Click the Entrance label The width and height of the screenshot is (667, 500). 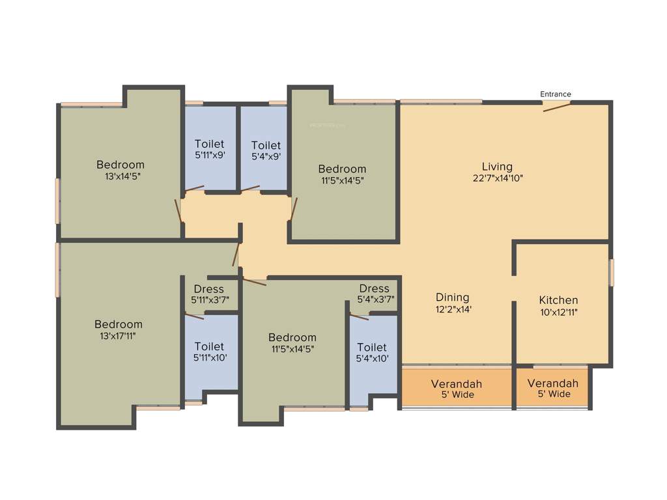pos(555,94)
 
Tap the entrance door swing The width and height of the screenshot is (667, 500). pos(557,106)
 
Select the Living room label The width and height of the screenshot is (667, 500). pos(497,166)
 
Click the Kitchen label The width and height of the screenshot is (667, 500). pos(558,300)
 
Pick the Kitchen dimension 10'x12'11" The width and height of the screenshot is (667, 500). pos(558,312)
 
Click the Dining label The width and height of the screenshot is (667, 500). pos(453,298)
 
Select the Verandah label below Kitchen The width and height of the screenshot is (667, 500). pos(552,383)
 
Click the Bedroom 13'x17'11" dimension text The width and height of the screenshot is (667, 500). pos(118,336)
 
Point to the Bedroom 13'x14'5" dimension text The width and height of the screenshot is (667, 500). pos(121,176)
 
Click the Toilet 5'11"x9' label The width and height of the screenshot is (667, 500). pos(209,144)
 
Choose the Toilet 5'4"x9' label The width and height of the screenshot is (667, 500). pos(266,145)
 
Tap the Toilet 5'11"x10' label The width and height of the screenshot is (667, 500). pos(209,346)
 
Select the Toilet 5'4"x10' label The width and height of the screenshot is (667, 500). pos(372,348)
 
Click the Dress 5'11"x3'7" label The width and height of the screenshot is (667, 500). pos(208,289)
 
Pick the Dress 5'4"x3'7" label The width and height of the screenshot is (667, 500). pos(374,288)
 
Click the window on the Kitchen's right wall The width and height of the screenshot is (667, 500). pos(611,272)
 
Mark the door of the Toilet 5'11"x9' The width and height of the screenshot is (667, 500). pos(194,189)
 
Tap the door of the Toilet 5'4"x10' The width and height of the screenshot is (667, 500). pos(359,317)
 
